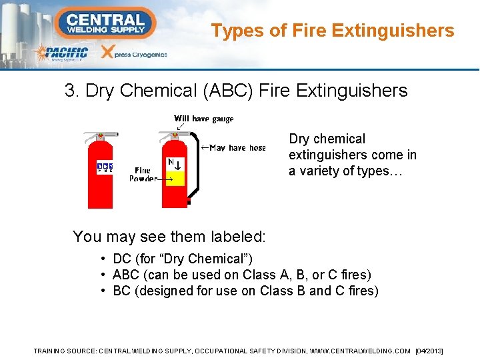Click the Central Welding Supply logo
tap(106, 22)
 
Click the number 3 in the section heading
tap(70, 91)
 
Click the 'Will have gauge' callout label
tap(203, 119)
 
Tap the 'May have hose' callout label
tap(237, 148)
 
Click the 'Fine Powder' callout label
tap(142, 175)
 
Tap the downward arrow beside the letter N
tap(179, 164)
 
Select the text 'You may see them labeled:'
tap(169, 236)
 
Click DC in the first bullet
tap(121, 259)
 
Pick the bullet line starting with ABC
tap(242, 275)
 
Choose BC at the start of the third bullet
tap(121, 291)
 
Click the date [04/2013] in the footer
tap(429, 351)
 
